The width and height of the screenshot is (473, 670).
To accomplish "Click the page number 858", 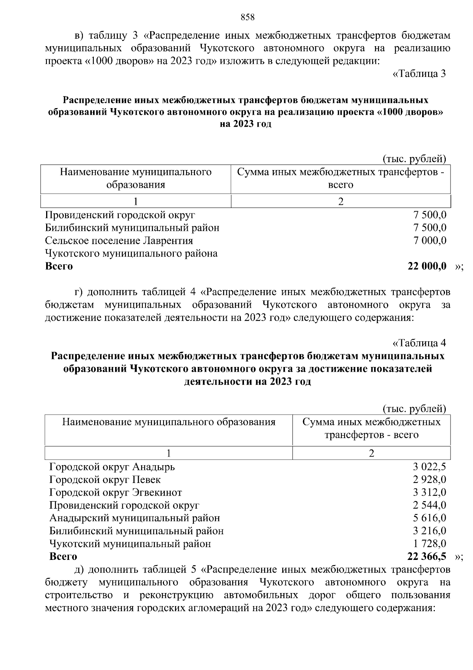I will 248,17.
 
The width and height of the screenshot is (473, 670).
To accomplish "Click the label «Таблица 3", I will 419,74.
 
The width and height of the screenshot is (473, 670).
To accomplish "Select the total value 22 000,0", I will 427,266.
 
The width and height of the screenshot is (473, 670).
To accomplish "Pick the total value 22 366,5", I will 427,556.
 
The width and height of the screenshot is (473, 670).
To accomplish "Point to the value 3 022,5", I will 429,467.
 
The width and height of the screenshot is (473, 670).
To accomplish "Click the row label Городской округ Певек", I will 105,479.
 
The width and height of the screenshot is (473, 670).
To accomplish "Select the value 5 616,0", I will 429,518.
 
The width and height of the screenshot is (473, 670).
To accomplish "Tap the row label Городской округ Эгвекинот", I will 115,492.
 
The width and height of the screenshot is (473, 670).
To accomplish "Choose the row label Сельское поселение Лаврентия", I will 119,240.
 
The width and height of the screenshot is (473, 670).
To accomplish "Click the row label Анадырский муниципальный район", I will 134,518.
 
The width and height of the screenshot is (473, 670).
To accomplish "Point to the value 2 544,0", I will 429,505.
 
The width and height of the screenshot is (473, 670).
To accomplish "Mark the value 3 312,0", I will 429,492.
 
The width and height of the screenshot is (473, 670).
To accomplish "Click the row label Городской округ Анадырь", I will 112,467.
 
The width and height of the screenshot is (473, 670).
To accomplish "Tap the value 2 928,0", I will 429,479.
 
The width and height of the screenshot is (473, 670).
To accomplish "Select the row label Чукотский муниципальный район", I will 130,543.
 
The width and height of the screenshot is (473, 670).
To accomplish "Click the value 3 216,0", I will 429,531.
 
